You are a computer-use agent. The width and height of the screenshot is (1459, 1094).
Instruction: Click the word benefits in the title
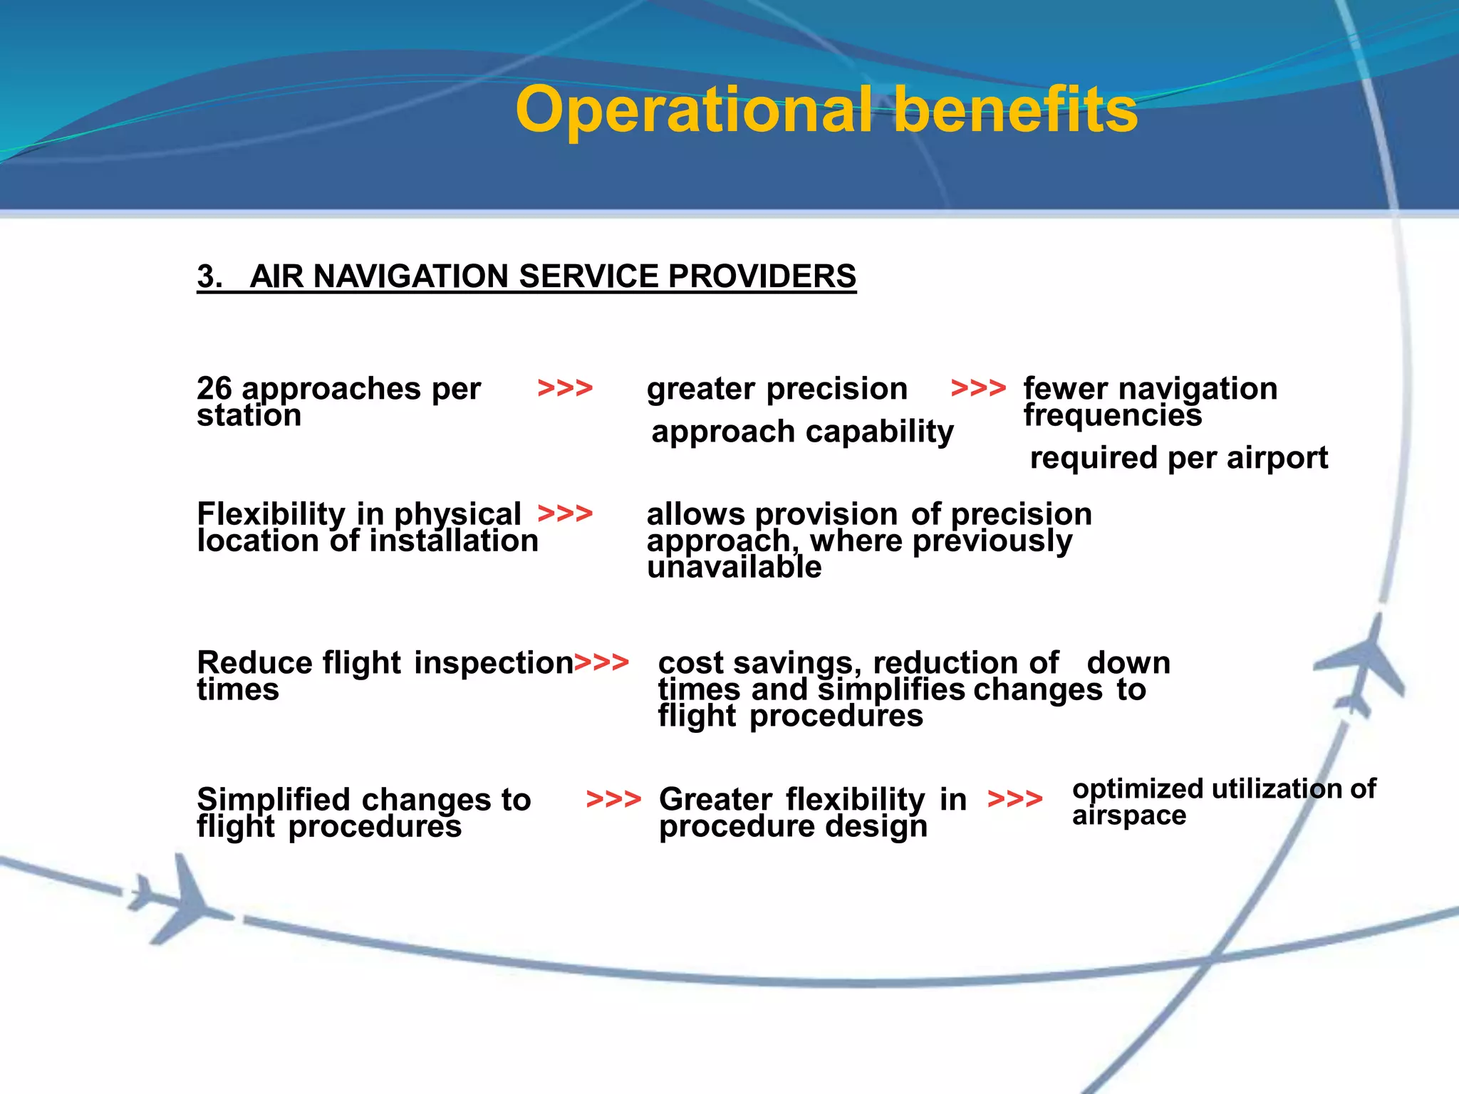[x=1015, y=110]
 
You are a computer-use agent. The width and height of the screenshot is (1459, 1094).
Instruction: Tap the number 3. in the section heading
[x=209, y=276]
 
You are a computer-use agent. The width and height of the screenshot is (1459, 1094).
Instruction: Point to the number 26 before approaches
[x=214, y=389]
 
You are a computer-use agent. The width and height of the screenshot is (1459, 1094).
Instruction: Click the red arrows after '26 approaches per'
[x=565, y=389]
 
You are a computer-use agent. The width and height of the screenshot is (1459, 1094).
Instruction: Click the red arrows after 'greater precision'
[x=978, y=389]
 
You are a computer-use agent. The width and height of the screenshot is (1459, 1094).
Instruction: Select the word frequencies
[x=1113, y=415]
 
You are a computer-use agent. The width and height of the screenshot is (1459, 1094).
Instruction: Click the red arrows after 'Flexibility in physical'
[x=565, y=514]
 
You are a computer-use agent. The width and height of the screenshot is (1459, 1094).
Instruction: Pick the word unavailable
[x=734, y=568]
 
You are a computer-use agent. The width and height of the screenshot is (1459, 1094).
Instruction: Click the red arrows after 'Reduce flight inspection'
[x=601, y=662]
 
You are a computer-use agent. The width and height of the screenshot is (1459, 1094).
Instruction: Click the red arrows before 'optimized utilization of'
[x=1015, y=799]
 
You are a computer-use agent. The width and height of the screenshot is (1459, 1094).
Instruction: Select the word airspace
[x=1129, y=816]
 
